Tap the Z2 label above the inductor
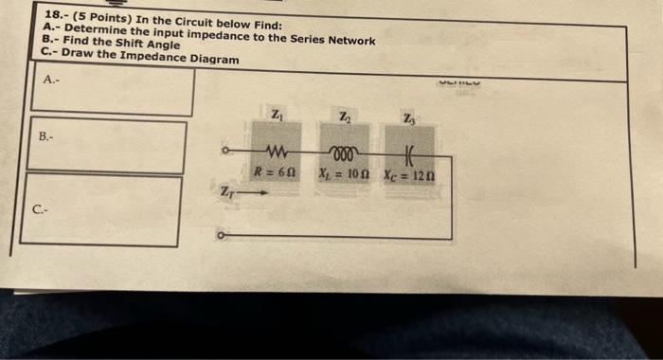[x=343, y=117]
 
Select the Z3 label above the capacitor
[x=408, y=118]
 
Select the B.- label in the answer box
[x=46, y=136]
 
